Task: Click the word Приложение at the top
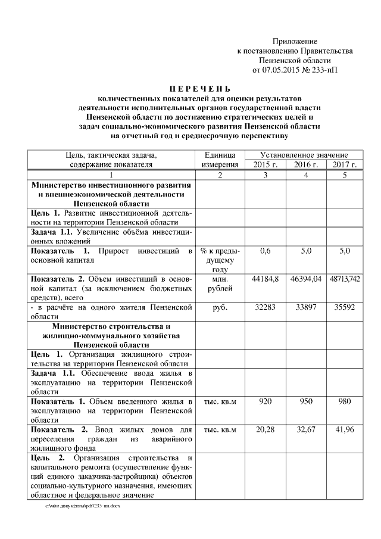pyautogui.click(x=295, y=41)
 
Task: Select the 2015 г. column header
pyautogui.click(x=266, y=164)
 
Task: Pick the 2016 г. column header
pyautogui.click(x=306, y=164)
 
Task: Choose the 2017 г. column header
pyautogui.click(x=345, y=164)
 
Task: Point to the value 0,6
pyautogui.click(x=266, y=251)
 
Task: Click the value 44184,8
pyautogui.click(x=266, y=279)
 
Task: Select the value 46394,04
pyautogui.click(x=306, y=279)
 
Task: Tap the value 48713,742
pyautogui.click(x=345, y=279)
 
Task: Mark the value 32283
pyautogui.click(x=266, y=307)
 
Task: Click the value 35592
pyautogui.click(x=345, y=307)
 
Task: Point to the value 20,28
pyautogui.click(x=266, y=429)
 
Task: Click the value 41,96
pyautogui.click(x=345, y=429)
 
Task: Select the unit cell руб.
pyautogui.click(x=220, y=307)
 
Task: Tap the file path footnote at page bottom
pyautogui.click(x=83, y=505)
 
